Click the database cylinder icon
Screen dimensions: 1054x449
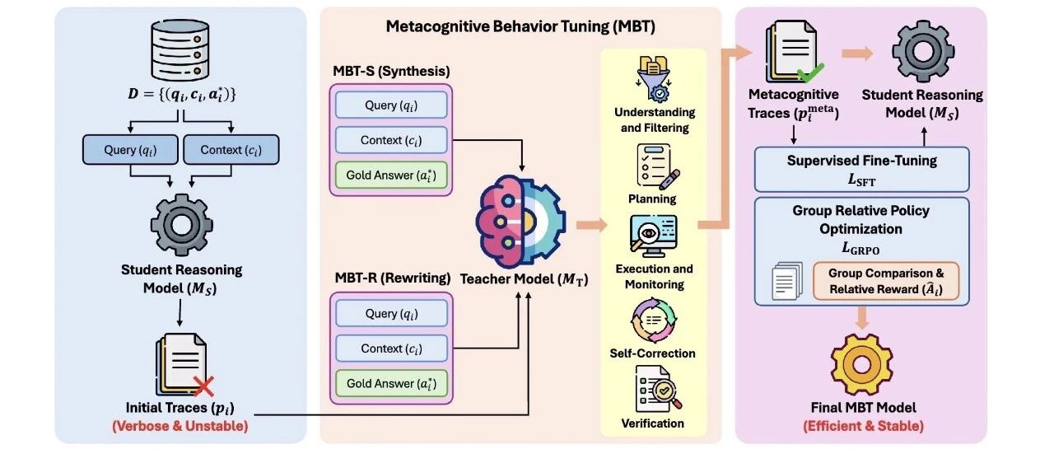180,50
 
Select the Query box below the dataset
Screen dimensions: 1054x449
130,150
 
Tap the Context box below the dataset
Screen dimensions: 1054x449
231,150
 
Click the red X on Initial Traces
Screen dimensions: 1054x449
203,386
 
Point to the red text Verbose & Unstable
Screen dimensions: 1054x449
180,426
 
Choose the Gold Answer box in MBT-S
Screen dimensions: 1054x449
391,175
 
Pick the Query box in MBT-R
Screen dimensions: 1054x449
391,313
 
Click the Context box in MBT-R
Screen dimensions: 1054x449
391,348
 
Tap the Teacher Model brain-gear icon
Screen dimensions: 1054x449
520,219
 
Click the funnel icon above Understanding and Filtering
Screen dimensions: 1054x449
654,78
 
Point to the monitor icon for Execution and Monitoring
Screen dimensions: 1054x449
654,236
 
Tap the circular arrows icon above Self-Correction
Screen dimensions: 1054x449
653,320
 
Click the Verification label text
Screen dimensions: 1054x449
653,423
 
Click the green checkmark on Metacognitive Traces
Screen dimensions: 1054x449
811,72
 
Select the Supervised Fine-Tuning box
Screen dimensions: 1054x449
861,169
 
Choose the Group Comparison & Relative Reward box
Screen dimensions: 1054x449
886,281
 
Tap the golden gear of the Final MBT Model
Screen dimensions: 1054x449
861,364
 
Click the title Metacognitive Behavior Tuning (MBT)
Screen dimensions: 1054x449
520,26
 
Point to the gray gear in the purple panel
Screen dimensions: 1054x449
923,51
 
